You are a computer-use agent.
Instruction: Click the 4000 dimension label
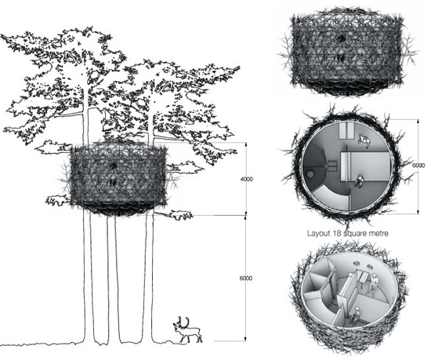(x=247, y=180)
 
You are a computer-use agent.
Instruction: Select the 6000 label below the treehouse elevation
(x=246, y=278)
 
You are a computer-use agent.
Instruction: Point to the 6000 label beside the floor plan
(x=418, y=165)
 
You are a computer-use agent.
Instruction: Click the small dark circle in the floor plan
(x=310, y=174)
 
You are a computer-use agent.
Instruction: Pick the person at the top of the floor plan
(x=364, y=140)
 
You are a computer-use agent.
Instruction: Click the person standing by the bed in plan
(x=359, y=181)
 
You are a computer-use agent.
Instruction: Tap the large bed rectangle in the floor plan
(x=366, y=166)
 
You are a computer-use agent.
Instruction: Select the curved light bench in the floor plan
(x=332, y=197)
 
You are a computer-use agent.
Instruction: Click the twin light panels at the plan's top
(x=346, y=131)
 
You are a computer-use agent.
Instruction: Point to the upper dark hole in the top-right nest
(x=342, y=38)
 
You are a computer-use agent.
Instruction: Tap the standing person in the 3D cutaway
(x=373, y=284)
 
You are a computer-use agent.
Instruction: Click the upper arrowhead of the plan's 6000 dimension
(x=418, y=121)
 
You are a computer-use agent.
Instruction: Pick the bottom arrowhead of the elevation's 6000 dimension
(x=246, y=339)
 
